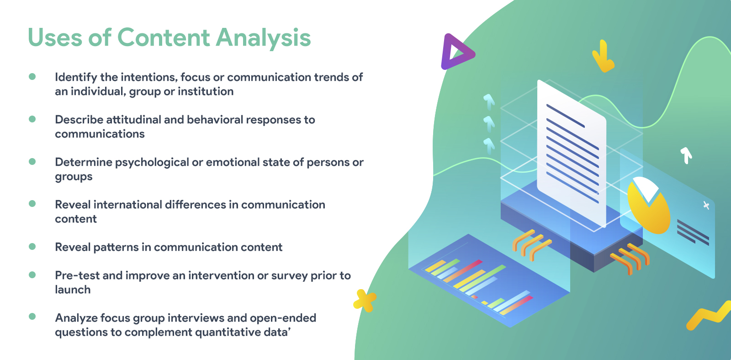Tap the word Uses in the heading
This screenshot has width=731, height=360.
pos(55,37)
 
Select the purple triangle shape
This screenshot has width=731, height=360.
pos(457,52)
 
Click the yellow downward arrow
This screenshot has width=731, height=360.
pos(603,56)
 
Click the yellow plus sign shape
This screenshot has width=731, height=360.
pos(365,301)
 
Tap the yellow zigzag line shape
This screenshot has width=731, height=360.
pos(709,316)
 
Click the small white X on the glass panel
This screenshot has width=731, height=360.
pos(706,205)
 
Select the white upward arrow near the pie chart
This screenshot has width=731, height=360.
pos(686,155)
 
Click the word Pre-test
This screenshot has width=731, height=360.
pos(77,276)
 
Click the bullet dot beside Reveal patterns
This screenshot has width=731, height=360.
pos(32,246)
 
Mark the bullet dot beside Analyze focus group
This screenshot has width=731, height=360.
pos(32,316)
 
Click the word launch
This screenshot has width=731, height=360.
pos(73,290)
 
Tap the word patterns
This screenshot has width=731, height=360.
pos(116,248)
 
